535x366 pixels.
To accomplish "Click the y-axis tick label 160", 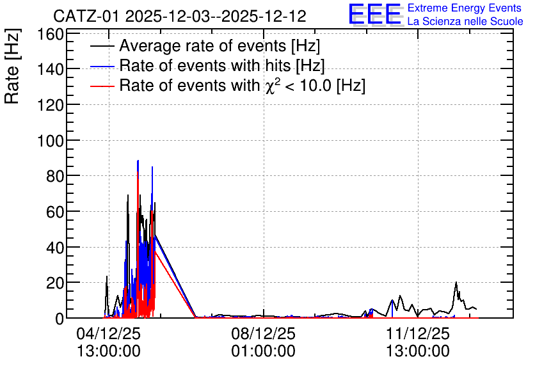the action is (51, 35).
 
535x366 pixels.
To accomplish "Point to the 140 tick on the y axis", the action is (51, 70).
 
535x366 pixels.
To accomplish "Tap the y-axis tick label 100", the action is (51, 141).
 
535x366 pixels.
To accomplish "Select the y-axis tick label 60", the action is (55, 212).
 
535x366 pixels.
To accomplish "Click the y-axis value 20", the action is (55, 283).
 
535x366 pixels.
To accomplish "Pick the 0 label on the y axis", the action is (60, 319).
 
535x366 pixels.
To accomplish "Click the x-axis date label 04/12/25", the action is (109, 333).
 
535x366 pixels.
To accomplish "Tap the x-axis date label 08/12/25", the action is (264, 333).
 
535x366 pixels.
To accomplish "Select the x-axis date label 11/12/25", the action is (418, 333).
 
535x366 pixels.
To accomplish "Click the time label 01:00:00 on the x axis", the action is (264, 351).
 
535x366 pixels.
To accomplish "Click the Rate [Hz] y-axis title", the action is (12, 66).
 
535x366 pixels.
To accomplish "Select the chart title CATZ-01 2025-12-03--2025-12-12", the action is (180, 16).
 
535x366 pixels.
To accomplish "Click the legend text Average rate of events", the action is (203, 45).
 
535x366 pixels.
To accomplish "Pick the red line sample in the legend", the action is (102, 86).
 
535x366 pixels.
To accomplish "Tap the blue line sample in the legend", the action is (102, 67).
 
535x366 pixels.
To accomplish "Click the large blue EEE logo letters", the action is (375, 14).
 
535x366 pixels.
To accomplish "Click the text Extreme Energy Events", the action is (465, 8).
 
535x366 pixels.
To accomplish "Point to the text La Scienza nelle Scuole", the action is (465, 21).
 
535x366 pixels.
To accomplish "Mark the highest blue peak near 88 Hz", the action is (138, 161).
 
